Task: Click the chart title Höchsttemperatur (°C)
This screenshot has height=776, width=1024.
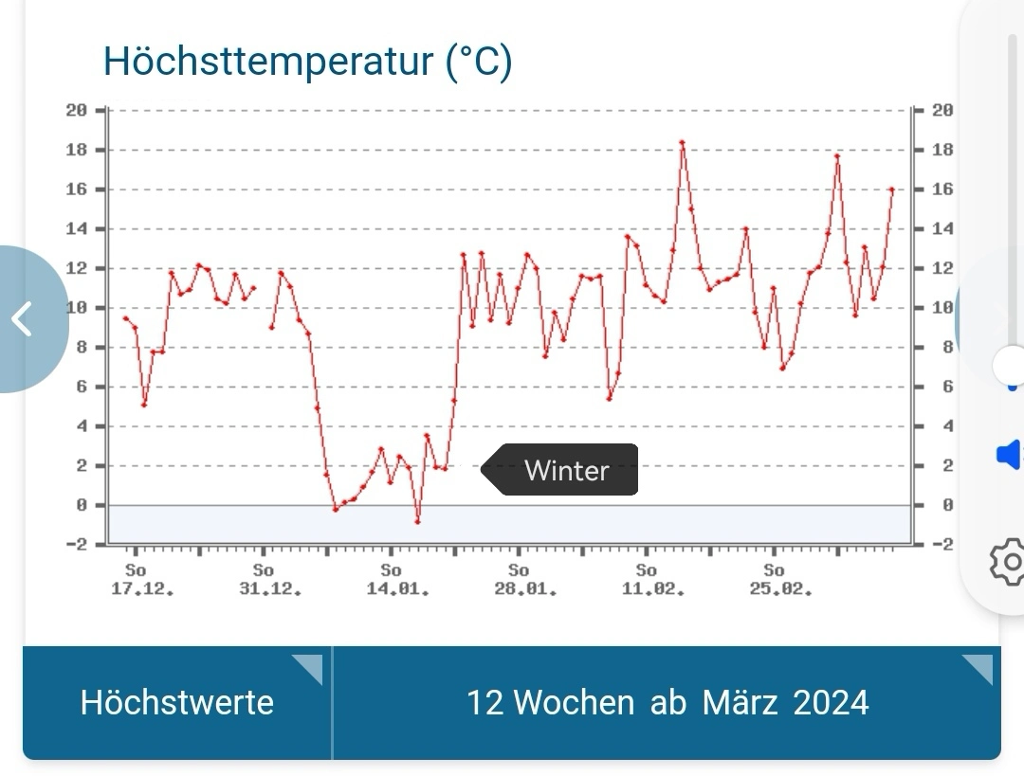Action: point(307,62)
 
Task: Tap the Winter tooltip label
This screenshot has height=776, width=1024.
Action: point(566,470)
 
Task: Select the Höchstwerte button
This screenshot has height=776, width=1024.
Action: point(177,702)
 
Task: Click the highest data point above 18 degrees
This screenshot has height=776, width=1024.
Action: point(682,143)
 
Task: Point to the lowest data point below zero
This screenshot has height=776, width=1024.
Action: point(417,521)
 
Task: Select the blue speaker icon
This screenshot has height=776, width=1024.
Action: point(1007,455)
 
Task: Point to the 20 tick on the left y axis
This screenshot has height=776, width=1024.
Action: point(76,110)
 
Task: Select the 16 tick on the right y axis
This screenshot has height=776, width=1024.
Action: point(942,189)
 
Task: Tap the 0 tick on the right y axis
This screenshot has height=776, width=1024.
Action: point(945,505)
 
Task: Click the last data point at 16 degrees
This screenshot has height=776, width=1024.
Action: point(891,189)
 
